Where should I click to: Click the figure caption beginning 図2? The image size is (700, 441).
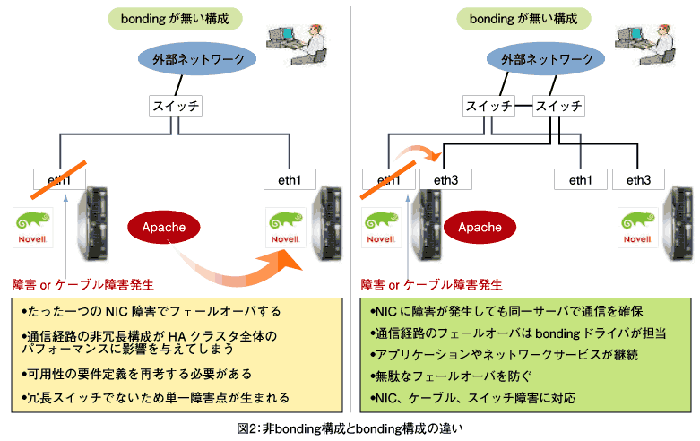coord(350,429)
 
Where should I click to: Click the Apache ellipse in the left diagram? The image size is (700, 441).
coord(163,227)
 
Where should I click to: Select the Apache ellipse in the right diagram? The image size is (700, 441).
coord(480,227)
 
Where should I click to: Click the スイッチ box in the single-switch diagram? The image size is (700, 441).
coord(175,106)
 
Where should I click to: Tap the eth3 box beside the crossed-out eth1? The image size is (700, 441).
coord(445,179)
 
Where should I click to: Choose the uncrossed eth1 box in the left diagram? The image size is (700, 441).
coord(290,179)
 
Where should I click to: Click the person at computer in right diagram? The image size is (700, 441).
coord(639,39)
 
